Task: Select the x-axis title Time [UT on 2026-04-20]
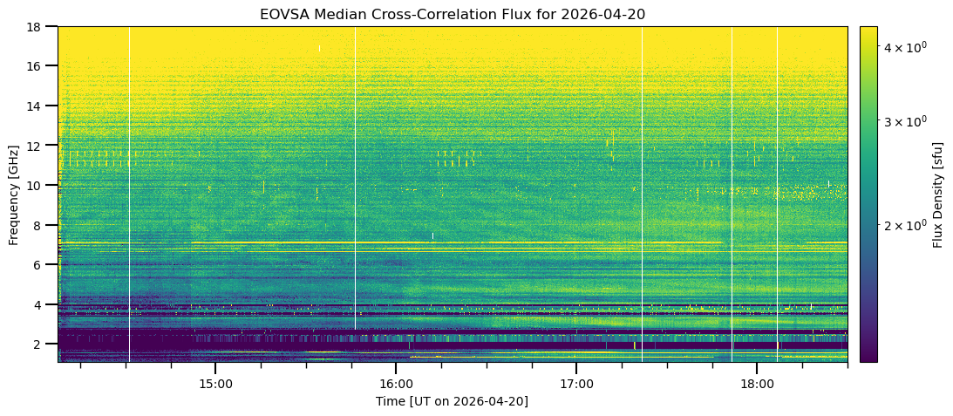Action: click(x=453, y=401)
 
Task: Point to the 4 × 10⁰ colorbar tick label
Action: click(x=902, y=45)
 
